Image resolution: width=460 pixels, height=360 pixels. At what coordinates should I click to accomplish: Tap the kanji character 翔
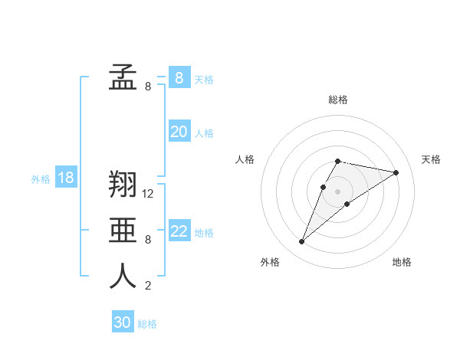tap(123, 185)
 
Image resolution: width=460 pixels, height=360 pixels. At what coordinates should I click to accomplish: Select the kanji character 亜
tap(123, 231)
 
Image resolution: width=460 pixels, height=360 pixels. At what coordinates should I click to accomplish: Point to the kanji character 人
tap(123, 277)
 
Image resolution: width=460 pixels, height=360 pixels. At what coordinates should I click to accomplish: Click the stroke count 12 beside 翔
tap(149, 194)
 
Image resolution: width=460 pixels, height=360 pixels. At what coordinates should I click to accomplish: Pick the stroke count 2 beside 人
tap(148, 286)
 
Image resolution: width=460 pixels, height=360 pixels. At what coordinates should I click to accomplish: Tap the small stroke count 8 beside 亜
tap(148, 240)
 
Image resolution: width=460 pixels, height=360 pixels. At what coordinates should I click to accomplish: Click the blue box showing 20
tap(179, 132)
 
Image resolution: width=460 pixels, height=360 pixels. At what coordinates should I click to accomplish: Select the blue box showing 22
tap(179, 231)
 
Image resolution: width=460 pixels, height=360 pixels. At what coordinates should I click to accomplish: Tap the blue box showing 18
tap(66, 178)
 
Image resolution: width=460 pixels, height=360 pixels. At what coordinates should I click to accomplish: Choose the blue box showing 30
tap(123, 322)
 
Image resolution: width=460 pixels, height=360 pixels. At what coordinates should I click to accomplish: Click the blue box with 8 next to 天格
tap(179, 77)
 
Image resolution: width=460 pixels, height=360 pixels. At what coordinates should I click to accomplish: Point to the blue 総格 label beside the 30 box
tap(147, 324)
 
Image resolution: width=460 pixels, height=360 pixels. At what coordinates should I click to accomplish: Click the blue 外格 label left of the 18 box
tap(41, 179)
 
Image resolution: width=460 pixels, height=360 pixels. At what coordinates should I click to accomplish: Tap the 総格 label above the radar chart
tap(338, 100)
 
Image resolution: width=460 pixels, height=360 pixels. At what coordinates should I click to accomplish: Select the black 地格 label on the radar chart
tap(402, 262)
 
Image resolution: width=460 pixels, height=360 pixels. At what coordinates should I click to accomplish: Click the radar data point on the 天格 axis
tap(396, 172)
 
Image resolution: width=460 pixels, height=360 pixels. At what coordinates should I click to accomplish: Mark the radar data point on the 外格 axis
tap(302, 242)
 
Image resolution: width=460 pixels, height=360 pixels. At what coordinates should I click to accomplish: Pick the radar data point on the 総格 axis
tap(338, 161)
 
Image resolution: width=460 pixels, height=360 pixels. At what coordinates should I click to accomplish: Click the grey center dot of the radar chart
tap(338, 191)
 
